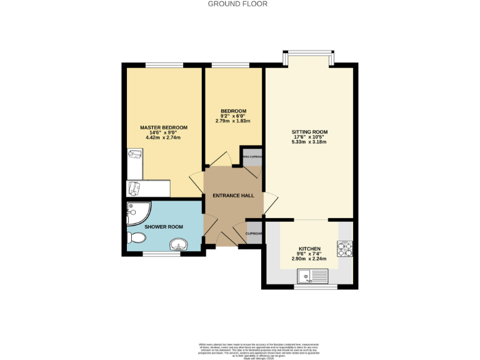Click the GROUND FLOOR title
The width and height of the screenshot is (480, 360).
tap(237, 4)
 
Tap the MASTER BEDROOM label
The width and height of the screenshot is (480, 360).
tap(163, 127)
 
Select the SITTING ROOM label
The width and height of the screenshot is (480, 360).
tap(309, 132)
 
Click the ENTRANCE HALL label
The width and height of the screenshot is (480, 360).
tap(233, 196)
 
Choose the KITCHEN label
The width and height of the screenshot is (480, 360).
tap(309, 247)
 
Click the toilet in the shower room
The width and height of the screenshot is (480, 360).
tap(136, 238)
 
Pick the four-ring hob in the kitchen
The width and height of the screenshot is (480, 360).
tap(345, 249)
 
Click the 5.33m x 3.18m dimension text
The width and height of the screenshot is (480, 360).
tap(309, 142)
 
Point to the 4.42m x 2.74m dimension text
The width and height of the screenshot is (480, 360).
tap(163, 137)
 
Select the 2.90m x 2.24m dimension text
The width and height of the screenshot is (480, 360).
tap(309, 258)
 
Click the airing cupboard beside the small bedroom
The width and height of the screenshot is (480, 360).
tap(252, 158)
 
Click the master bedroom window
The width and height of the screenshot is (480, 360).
tap(164, 65)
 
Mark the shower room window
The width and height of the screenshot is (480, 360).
tap(161, 253)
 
